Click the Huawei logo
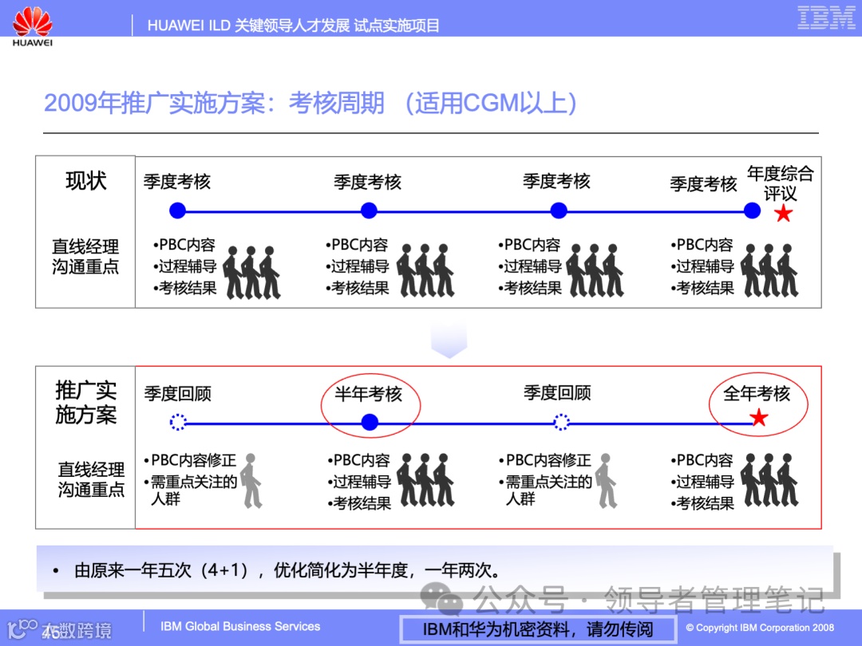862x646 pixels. (x=33, y=25)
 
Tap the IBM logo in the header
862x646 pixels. (x=826, y=18)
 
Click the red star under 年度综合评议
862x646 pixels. (x=784, y=213)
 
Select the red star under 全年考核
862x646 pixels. (x=759, y=418)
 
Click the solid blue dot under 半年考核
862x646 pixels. (x=369, y=422)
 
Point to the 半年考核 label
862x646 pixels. (x=369, y=393)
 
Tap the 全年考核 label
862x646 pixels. (x=757, y=393)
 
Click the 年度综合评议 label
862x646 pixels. (x=780, y=183)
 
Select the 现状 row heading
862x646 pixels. (x=85, y=181)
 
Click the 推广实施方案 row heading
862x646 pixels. (x=85, y=403)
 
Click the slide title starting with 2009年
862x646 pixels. (x=311, y=104)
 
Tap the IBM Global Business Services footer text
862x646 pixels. (x=240, y=626)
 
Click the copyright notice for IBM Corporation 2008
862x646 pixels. (x=760, y=628)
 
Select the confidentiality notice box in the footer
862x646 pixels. (x=537, y=629)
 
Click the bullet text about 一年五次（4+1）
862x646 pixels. (x=287, y=571)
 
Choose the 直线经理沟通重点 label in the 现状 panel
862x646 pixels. (x=85, y=257)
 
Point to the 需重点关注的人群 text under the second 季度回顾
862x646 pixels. (x=548, y=490)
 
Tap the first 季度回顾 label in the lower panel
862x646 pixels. (x=177, y=393)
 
